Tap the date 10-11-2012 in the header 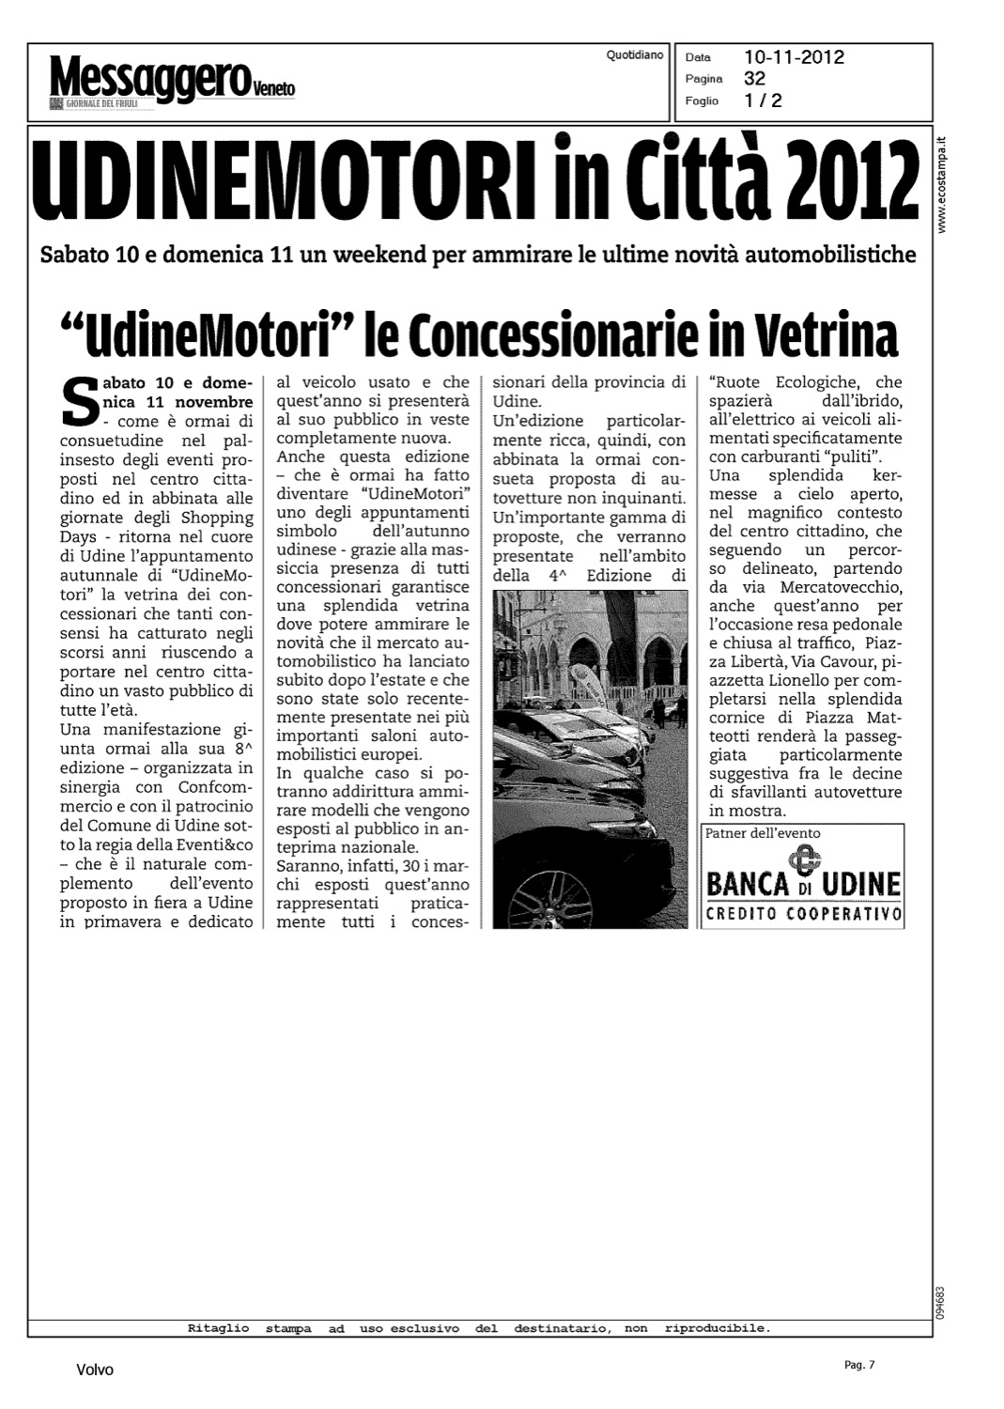794,57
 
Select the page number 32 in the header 754,78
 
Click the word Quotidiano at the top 635,55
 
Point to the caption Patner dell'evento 763,833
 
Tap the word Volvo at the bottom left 94,1370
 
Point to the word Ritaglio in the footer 219,1328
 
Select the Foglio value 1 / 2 763,101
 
